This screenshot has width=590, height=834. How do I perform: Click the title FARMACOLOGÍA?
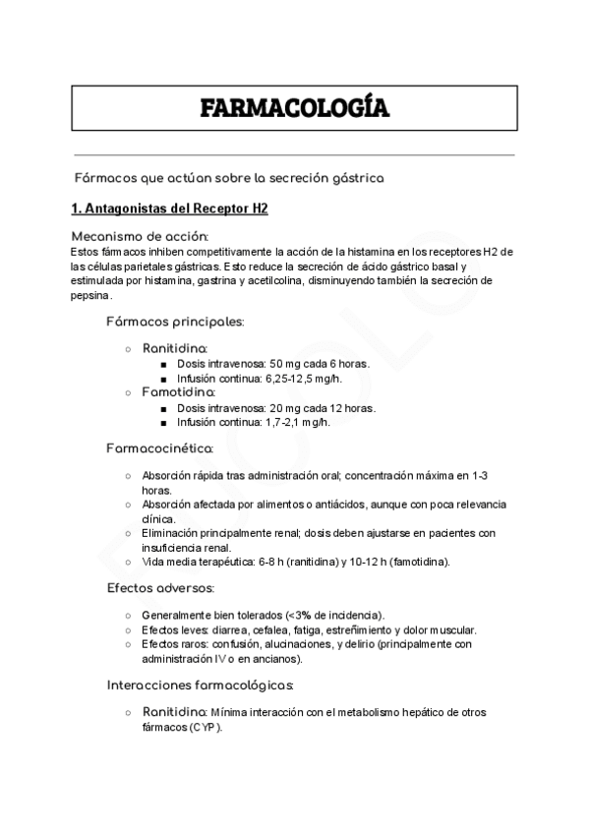[x=295, y=108]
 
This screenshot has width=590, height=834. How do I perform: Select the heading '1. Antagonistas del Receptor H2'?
[x=170, y=209]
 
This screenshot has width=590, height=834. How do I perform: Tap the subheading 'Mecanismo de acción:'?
[x=140, y=236]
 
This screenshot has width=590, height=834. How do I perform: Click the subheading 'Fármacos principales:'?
[x=175, y=322]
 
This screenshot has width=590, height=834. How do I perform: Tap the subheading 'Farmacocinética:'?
[x=160, y=448]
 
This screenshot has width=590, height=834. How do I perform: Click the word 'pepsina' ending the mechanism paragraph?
[x=91, y=294]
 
